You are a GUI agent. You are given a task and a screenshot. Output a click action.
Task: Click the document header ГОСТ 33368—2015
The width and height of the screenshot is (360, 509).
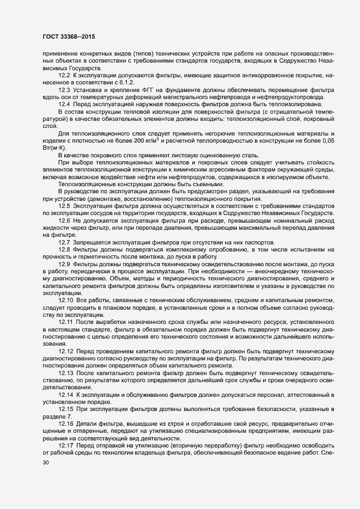click(x=67, y=36)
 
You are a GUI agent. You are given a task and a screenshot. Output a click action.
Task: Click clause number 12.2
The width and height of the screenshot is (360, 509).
click(x=65, y=73)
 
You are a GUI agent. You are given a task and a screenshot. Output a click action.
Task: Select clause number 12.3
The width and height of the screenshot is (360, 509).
click(x=65, y=89)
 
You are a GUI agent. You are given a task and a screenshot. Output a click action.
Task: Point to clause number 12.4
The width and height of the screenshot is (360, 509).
click(x=65, y=104)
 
